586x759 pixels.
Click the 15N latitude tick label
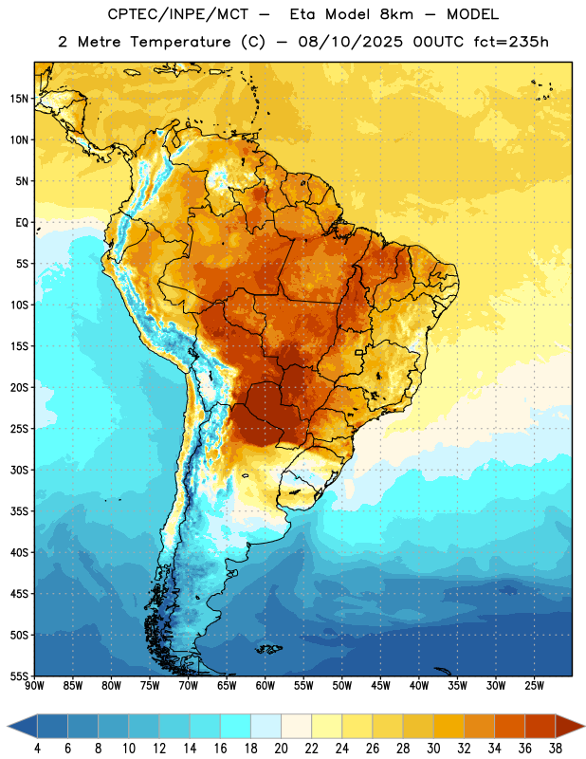click(x=19, y=99)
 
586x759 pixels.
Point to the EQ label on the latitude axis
click(x=22, y=223)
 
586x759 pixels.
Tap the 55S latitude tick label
click(x=19, y=676)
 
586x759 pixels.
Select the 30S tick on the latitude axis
click(x=19, y=470)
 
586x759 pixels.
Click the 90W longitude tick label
click(x=34, y=686)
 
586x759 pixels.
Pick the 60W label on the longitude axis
click(x=266, y=686)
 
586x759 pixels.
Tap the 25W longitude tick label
click(x=534, y=686)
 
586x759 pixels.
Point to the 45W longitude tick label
click(x=380, y=686)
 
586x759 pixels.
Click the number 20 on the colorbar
click(x=281, y=749)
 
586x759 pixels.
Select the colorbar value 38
click(x=556, y=749)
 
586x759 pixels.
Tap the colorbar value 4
click(x=37, y=749)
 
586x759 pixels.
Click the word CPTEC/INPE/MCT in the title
click(x=177, y=14)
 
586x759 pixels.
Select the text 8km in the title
click(x=396, y=14)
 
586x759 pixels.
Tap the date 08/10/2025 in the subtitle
click(x=350, y=42)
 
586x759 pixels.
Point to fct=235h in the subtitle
click(x=511, y=42)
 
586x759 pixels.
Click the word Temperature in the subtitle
click(x=180, y=43)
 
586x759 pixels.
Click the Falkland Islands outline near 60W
click(x=269, y=649)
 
